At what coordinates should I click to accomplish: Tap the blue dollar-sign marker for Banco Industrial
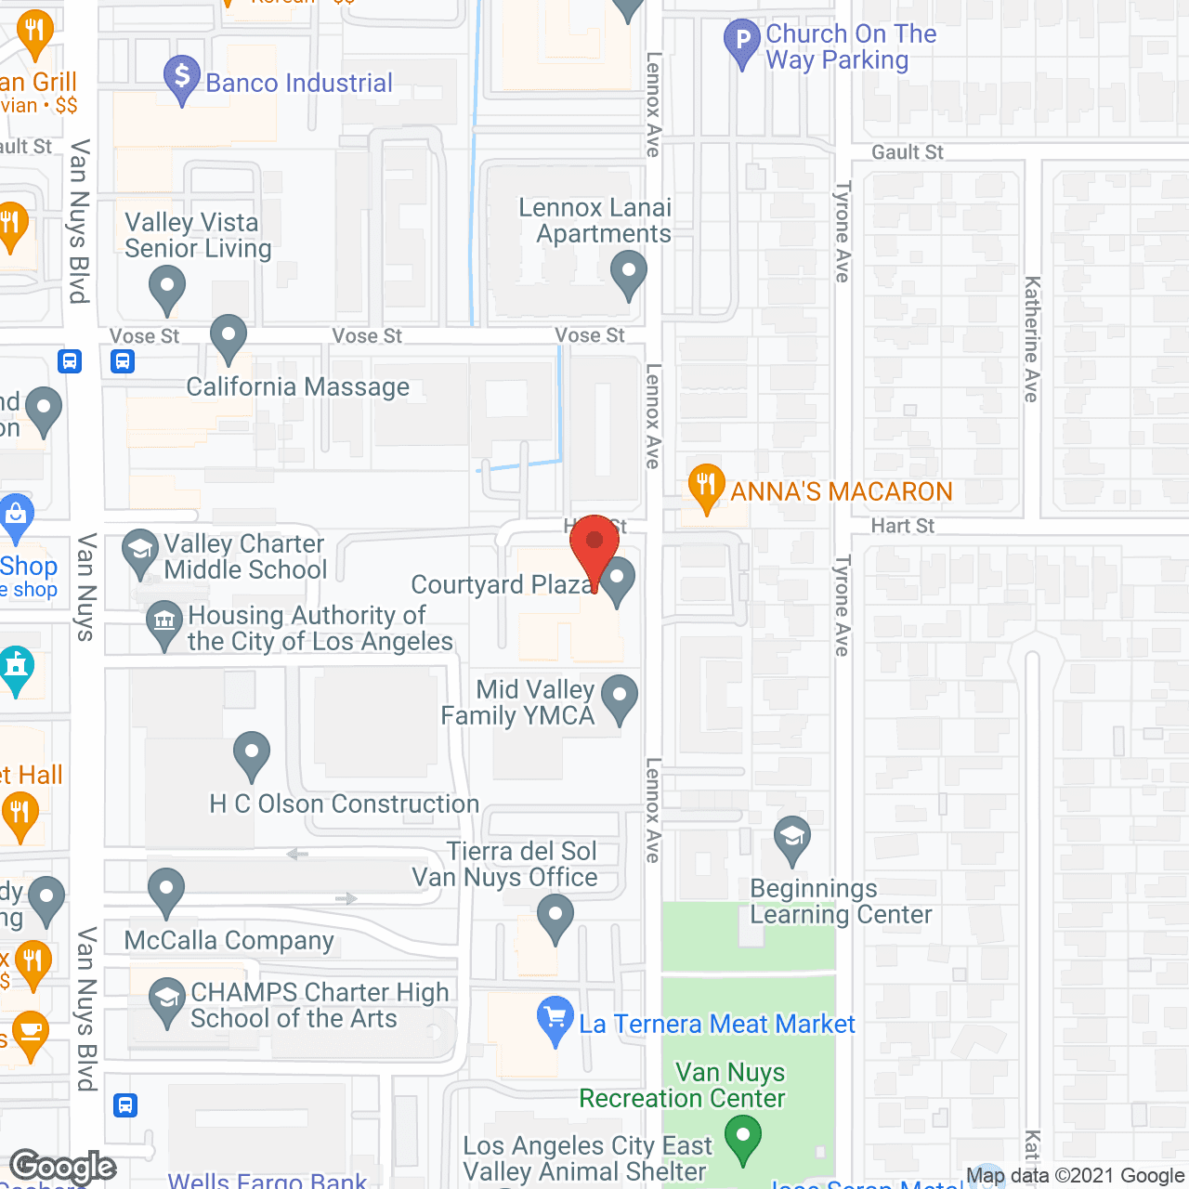pyautogui.click(x=182, y=77)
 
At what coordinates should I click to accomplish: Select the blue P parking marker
pyautogui.click(x=741, y=41)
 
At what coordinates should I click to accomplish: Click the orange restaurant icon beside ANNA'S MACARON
pyautogui.click(x=706, y=487)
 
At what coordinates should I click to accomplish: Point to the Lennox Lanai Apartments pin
pyautogui.click(x=629, y=275)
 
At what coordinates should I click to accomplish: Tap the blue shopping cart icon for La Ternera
pyautogui.click(x=555, y=1019)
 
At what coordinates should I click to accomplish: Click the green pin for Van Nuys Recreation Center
pyautogui.click(x=742, y=1138)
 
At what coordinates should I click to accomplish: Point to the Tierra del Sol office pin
pyautogui.click(x=555, y=917)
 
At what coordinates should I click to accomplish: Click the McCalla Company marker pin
pyautogui.click(x=166, y=891)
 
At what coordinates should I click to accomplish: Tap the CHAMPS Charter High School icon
pyautogui.click(x=167, y=1001)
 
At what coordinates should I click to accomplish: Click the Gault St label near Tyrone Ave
pyautogui.click(x=907, y=152)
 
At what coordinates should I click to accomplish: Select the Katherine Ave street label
pyautogui.click(x=1031, y=339)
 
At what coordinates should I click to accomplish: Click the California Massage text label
pyautogui.click(x=297, y=387)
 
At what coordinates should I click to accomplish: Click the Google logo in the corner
pyautogui.click(x=63, y=1167)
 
